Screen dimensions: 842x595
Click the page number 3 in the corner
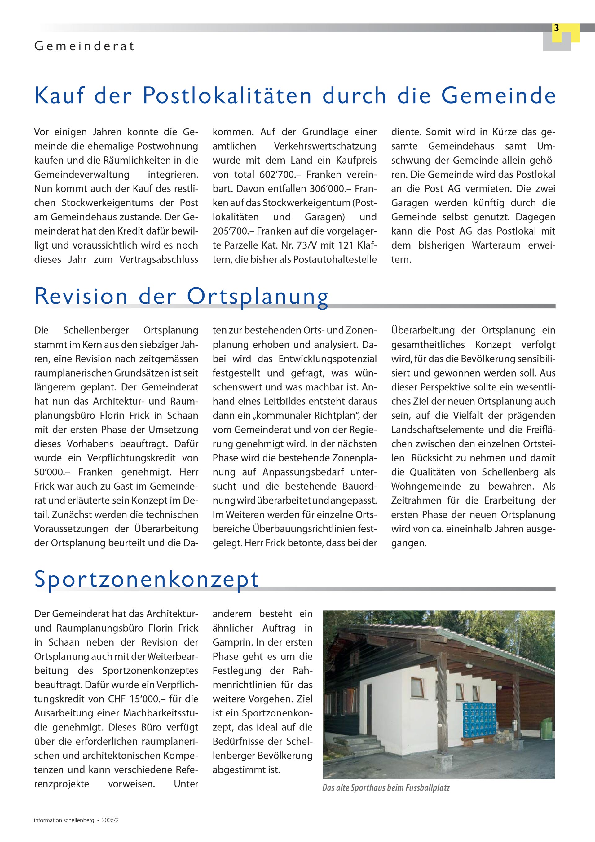tap(556, 28)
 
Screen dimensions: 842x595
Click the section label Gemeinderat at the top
tap(84, 46)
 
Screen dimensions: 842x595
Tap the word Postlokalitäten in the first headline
tap(227, 96)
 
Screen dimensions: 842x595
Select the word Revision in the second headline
tap(81, 296)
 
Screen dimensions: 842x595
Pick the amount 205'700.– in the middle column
tap(233, 231)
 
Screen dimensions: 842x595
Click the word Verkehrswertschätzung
tap(325, 146)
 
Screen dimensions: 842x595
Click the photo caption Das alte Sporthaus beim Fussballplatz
tap(386, 788)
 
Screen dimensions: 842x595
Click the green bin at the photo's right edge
tap(546, 725)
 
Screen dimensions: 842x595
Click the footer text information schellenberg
tap(64, 820)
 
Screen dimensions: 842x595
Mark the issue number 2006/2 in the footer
tap(110, 820)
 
